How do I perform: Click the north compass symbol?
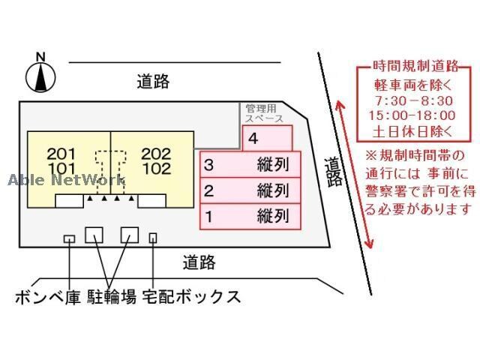40,74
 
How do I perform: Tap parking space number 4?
266,139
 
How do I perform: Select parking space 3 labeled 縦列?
250,164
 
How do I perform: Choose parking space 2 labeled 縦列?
250,190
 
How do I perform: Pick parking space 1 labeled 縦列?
250,217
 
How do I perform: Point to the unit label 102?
156,168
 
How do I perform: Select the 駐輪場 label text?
111,297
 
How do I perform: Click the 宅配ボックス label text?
191,297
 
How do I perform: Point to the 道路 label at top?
153,82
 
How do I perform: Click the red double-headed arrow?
356,172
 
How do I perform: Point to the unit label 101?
61,168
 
